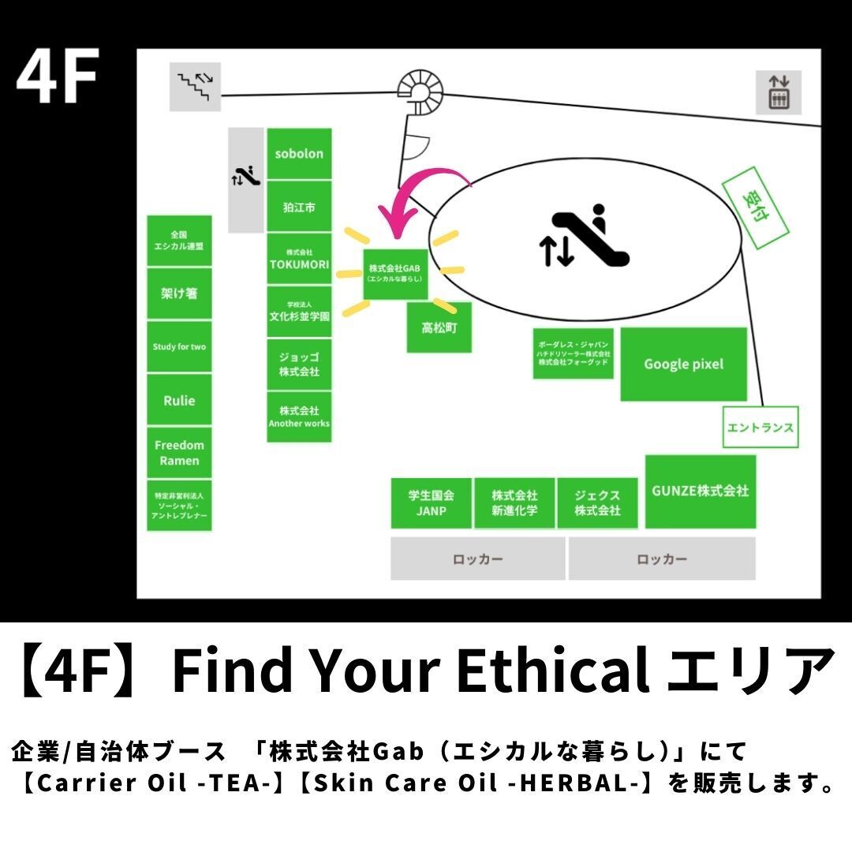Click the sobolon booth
tap(299, 154)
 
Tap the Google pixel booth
tap(683, 364)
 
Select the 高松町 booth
tap(439, 327)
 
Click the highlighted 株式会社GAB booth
tap(395, 274)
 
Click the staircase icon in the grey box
tap(195, 87)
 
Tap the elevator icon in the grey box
tap(779, 92)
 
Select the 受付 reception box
tap(755, 207)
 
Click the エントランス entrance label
tap(760, 427)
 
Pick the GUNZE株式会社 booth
tap(701, 491)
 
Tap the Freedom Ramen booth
tap(179, 453)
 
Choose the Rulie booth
tap(179, 401)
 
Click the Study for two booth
tap(179, 346)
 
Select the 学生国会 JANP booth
tap(431, 503)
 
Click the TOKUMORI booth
tap(299, 259)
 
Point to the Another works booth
tap(299, 417)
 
